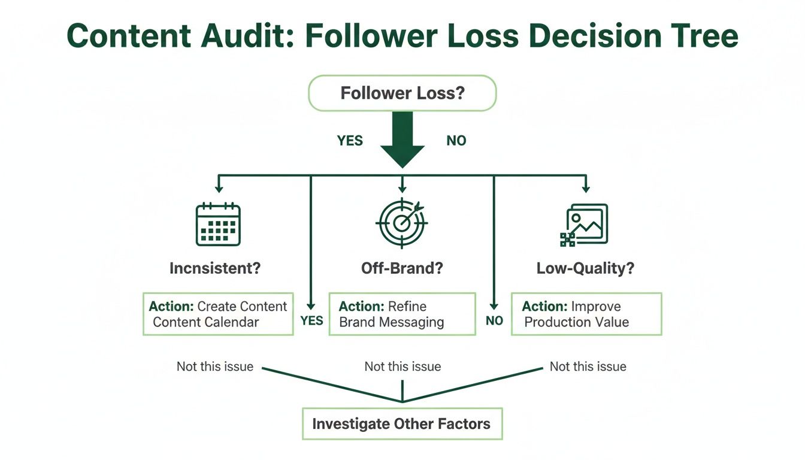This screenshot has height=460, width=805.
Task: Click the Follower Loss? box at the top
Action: (x=402, y=93)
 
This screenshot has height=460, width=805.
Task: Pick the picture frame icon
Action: (x=584, y=225)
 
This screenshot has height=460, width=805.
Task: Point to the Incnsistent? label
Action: (x=215, y=268)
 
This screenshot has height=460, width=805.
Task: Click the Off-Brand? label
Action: (x=402, y=268)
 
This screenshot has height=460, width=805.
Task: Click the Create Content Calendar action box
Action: (x=218, y=314)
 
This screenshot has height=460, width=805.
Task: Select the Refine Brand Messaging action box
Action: (x=402, y=314)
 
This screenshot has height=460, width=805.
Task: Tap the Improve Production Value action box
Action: (x=586, y=314)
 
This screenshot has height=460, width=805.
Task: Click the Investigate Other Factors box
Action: (x=401, y=424)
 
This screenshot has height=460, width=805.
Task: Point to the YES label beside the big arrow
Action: (x=350, y=141)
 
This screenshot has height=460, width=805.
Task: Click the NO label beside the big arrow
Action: (x=456, y=141)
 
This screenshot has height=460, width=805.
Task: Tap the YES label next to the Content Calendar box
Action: (x=311, y=320)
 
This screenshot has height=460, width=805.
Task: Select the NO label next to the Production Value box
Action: (x=494, y=321)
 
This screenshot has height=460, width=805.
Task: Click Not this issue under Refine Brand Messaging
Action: (x=402, y=367)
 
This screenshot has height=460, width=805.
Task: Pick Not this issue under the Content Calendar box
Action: (x=215, y=367)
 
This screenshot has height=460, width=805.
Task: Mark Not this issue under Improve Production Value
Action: (x=588, y=367)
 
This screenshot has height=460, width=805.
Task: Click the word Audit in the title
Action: (x=239, y=37)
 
